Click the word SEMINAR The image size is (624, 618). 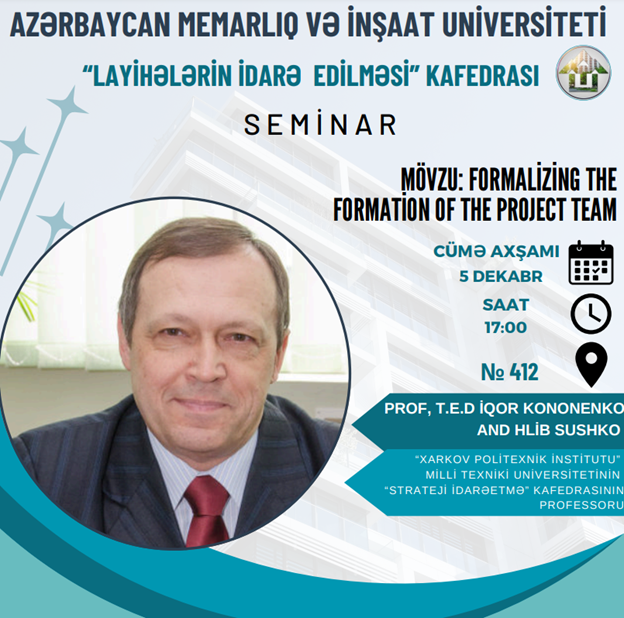point(320,124)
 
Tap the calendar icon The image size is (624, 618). point(591,263)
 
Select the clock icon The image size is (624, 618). point(591,314)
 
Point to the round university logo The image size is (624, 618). point(583,72)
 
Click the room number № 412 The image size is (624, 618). point(510,372)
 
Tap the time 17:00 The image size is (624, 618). point(505,328)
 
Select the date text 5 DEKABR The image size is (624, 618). point(501,276)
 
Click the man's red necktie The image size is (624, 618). point(206,511)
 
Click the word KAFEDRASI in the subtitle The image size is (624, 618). point(482,75)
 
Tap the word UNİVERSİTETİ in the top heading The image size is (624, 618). point(524,23)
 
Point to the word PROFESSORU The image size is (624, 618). point(581,505)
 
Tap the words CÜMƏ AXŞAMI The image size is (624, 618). point(496,251)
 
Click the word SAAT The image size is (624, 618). point(505,305)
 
